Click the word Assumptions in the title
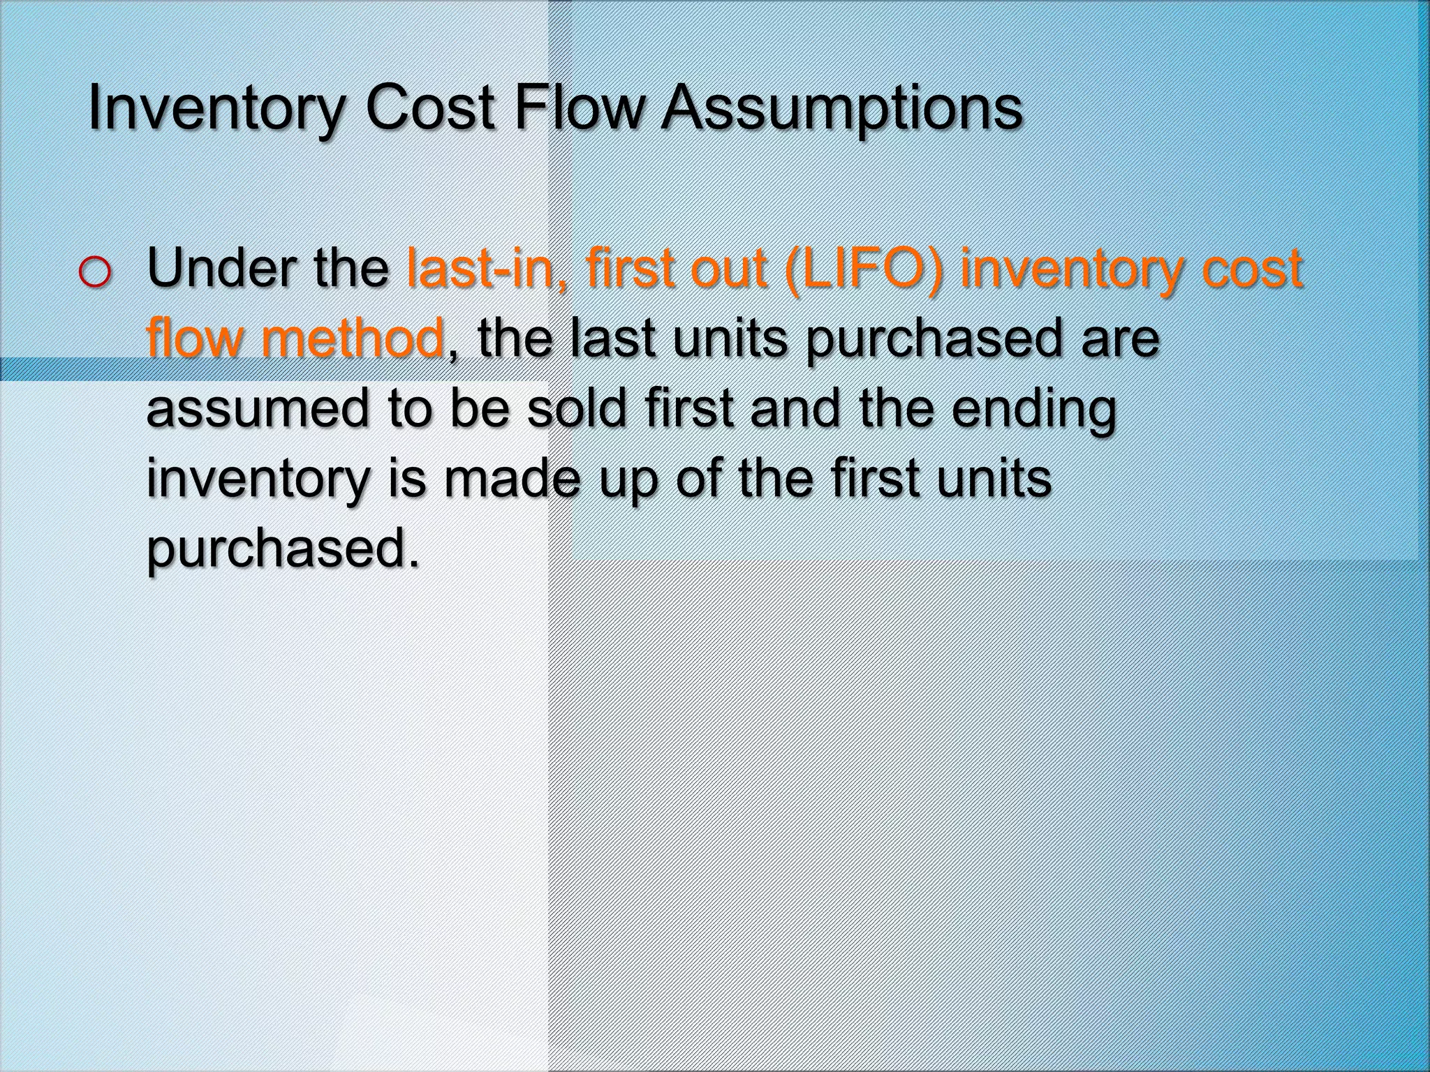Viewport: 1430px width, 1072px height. [x=841, y=110]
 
